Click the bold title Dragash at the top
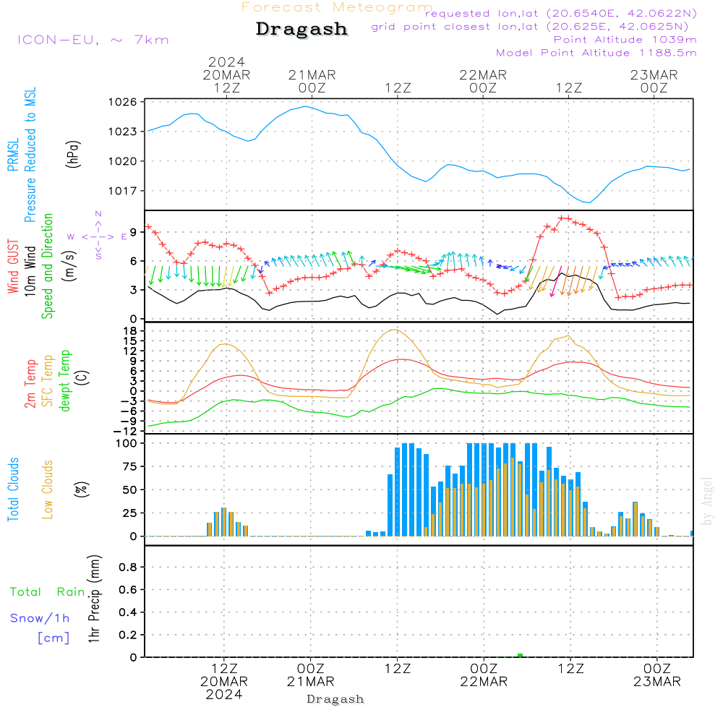(x=301, y=30)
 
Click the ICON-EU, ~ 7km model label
(x=93, y=40)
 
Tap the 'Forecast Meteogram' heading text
(x=337, y=7)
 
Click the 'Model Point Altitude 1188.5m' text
(x=596, y=53)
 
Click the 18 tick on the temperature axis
(x=130, y=330)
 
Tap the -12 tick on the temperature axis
(x=127, y=431)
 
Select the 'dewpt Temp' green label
(x=65, y=381)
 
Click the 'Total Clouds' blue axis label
(x=13, y=489)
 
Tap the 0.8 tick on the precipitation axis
(x=127, y=568)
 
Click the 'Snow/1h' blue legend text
(x=40, y=618)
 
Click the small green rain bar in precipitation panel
(x=520, y=655)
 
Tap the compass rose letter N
(x=98, y=214)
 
